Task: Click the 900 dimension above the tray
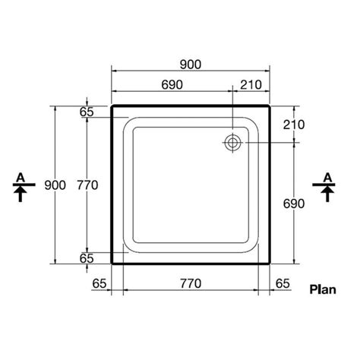coord(191,66)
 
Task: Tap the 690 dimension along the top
coord(172,85)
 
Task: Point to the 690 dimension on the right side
coord(294,203)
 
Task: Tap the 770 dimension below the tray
coord(191,283)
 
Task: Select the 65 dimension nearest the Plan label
coord(282,283)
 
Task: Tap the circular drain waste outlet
coord(232,142)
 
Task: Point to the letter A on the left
coord(23,177)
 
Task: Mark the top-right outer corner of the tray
coord(270,106)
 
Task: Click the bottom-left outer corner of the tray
coord(112,263)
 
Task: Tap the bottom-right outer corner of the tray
coord(270,263)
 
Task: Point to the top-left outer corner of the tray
coord(112,106)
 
